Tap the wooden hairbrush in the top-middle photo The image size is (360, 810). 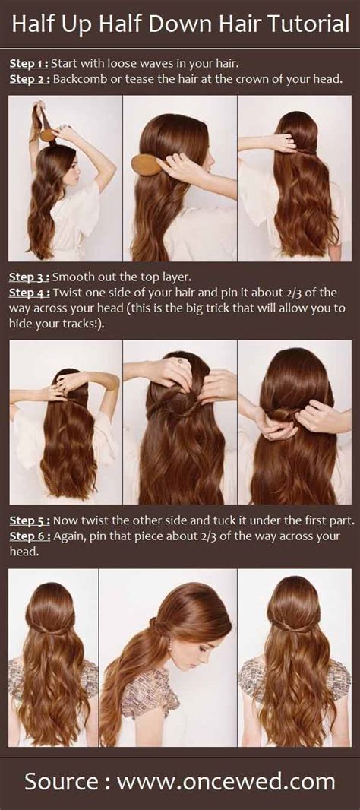pyautogui.click(x=145, y=163)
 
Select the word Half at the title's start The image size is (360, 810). pyautogui.click(x=32, y=25)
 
